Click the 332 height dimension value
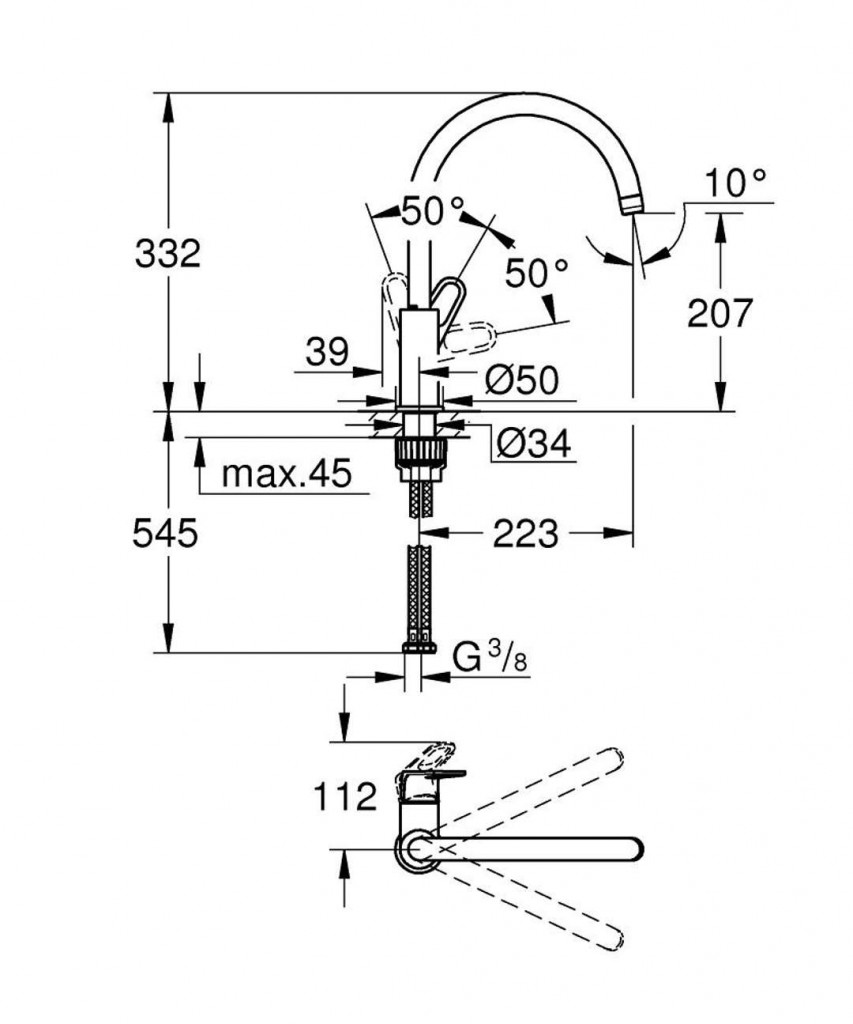(x=168, y=253)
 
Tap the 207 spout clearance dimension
(x=719, y=314)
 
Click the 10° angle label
(x=734, y=183)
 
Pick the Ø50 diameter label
(x=521, y=380)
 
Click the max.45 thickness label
(x=287, y=474)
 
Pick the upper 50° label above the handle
(x=432, y=211)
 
